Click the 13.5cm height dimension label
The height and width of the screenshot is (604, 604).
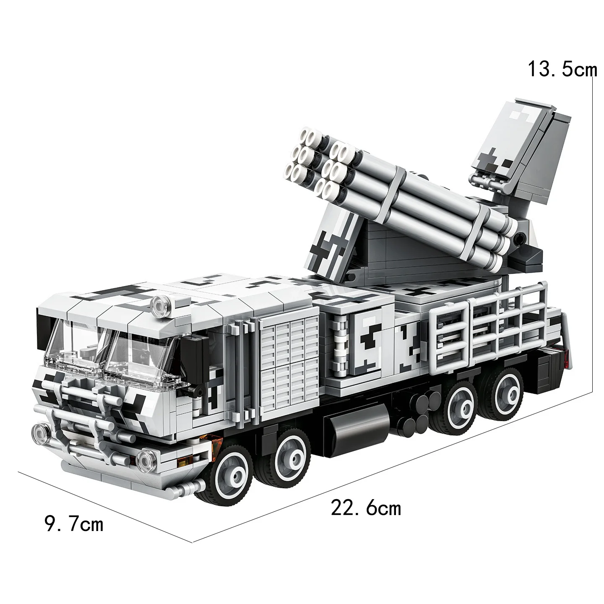pos(561,69)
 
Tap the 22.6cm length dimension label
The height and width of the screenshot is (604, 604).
pos(366,508)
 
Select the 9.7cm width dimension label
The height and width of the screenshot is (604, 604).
pos(74,524)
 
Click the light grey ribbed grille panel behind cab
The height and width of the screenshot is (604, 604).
pos(288,357)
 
